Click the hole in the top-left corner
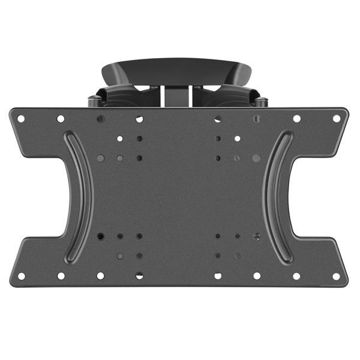(x=21, y=118)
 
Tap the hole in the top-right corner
(x=337, y=118)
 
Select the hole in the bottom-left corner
(x=21, y=277)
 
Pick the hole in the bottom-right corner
(x=337, y=277)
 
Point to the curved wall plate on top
(x=177, y=69)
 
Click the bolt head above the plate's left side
(x=94, y=101)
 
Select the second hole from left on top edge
(x=61, y=119)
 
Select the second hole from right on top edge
(x=296, y=119)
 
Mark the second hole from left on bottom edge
(x=61, y=276)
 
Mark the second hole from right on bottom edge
(x=296, y=276)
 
